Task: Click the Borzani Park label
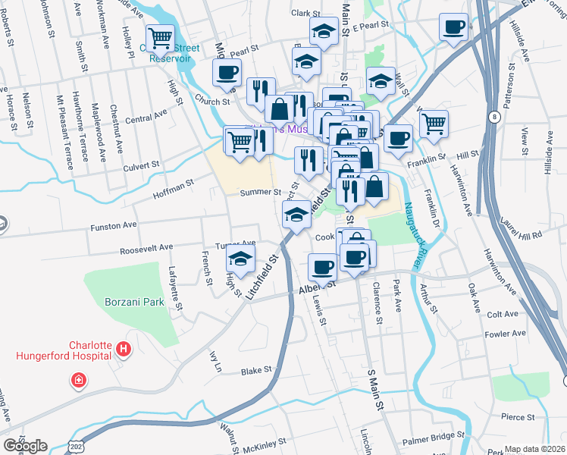point(134,302)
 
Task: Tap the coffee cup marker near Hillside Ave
point(454,27)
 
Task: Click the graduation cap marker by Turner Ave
point(240,260)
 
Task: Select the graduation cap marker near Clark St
point(324,31)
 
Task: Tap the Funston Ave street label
point(114,225)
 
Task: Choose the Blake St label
point(256,371)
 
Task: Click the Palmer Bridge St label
point(432,436)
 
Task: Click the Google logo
point(25,446)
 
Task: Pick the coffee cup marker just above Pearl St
point(227,73)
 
